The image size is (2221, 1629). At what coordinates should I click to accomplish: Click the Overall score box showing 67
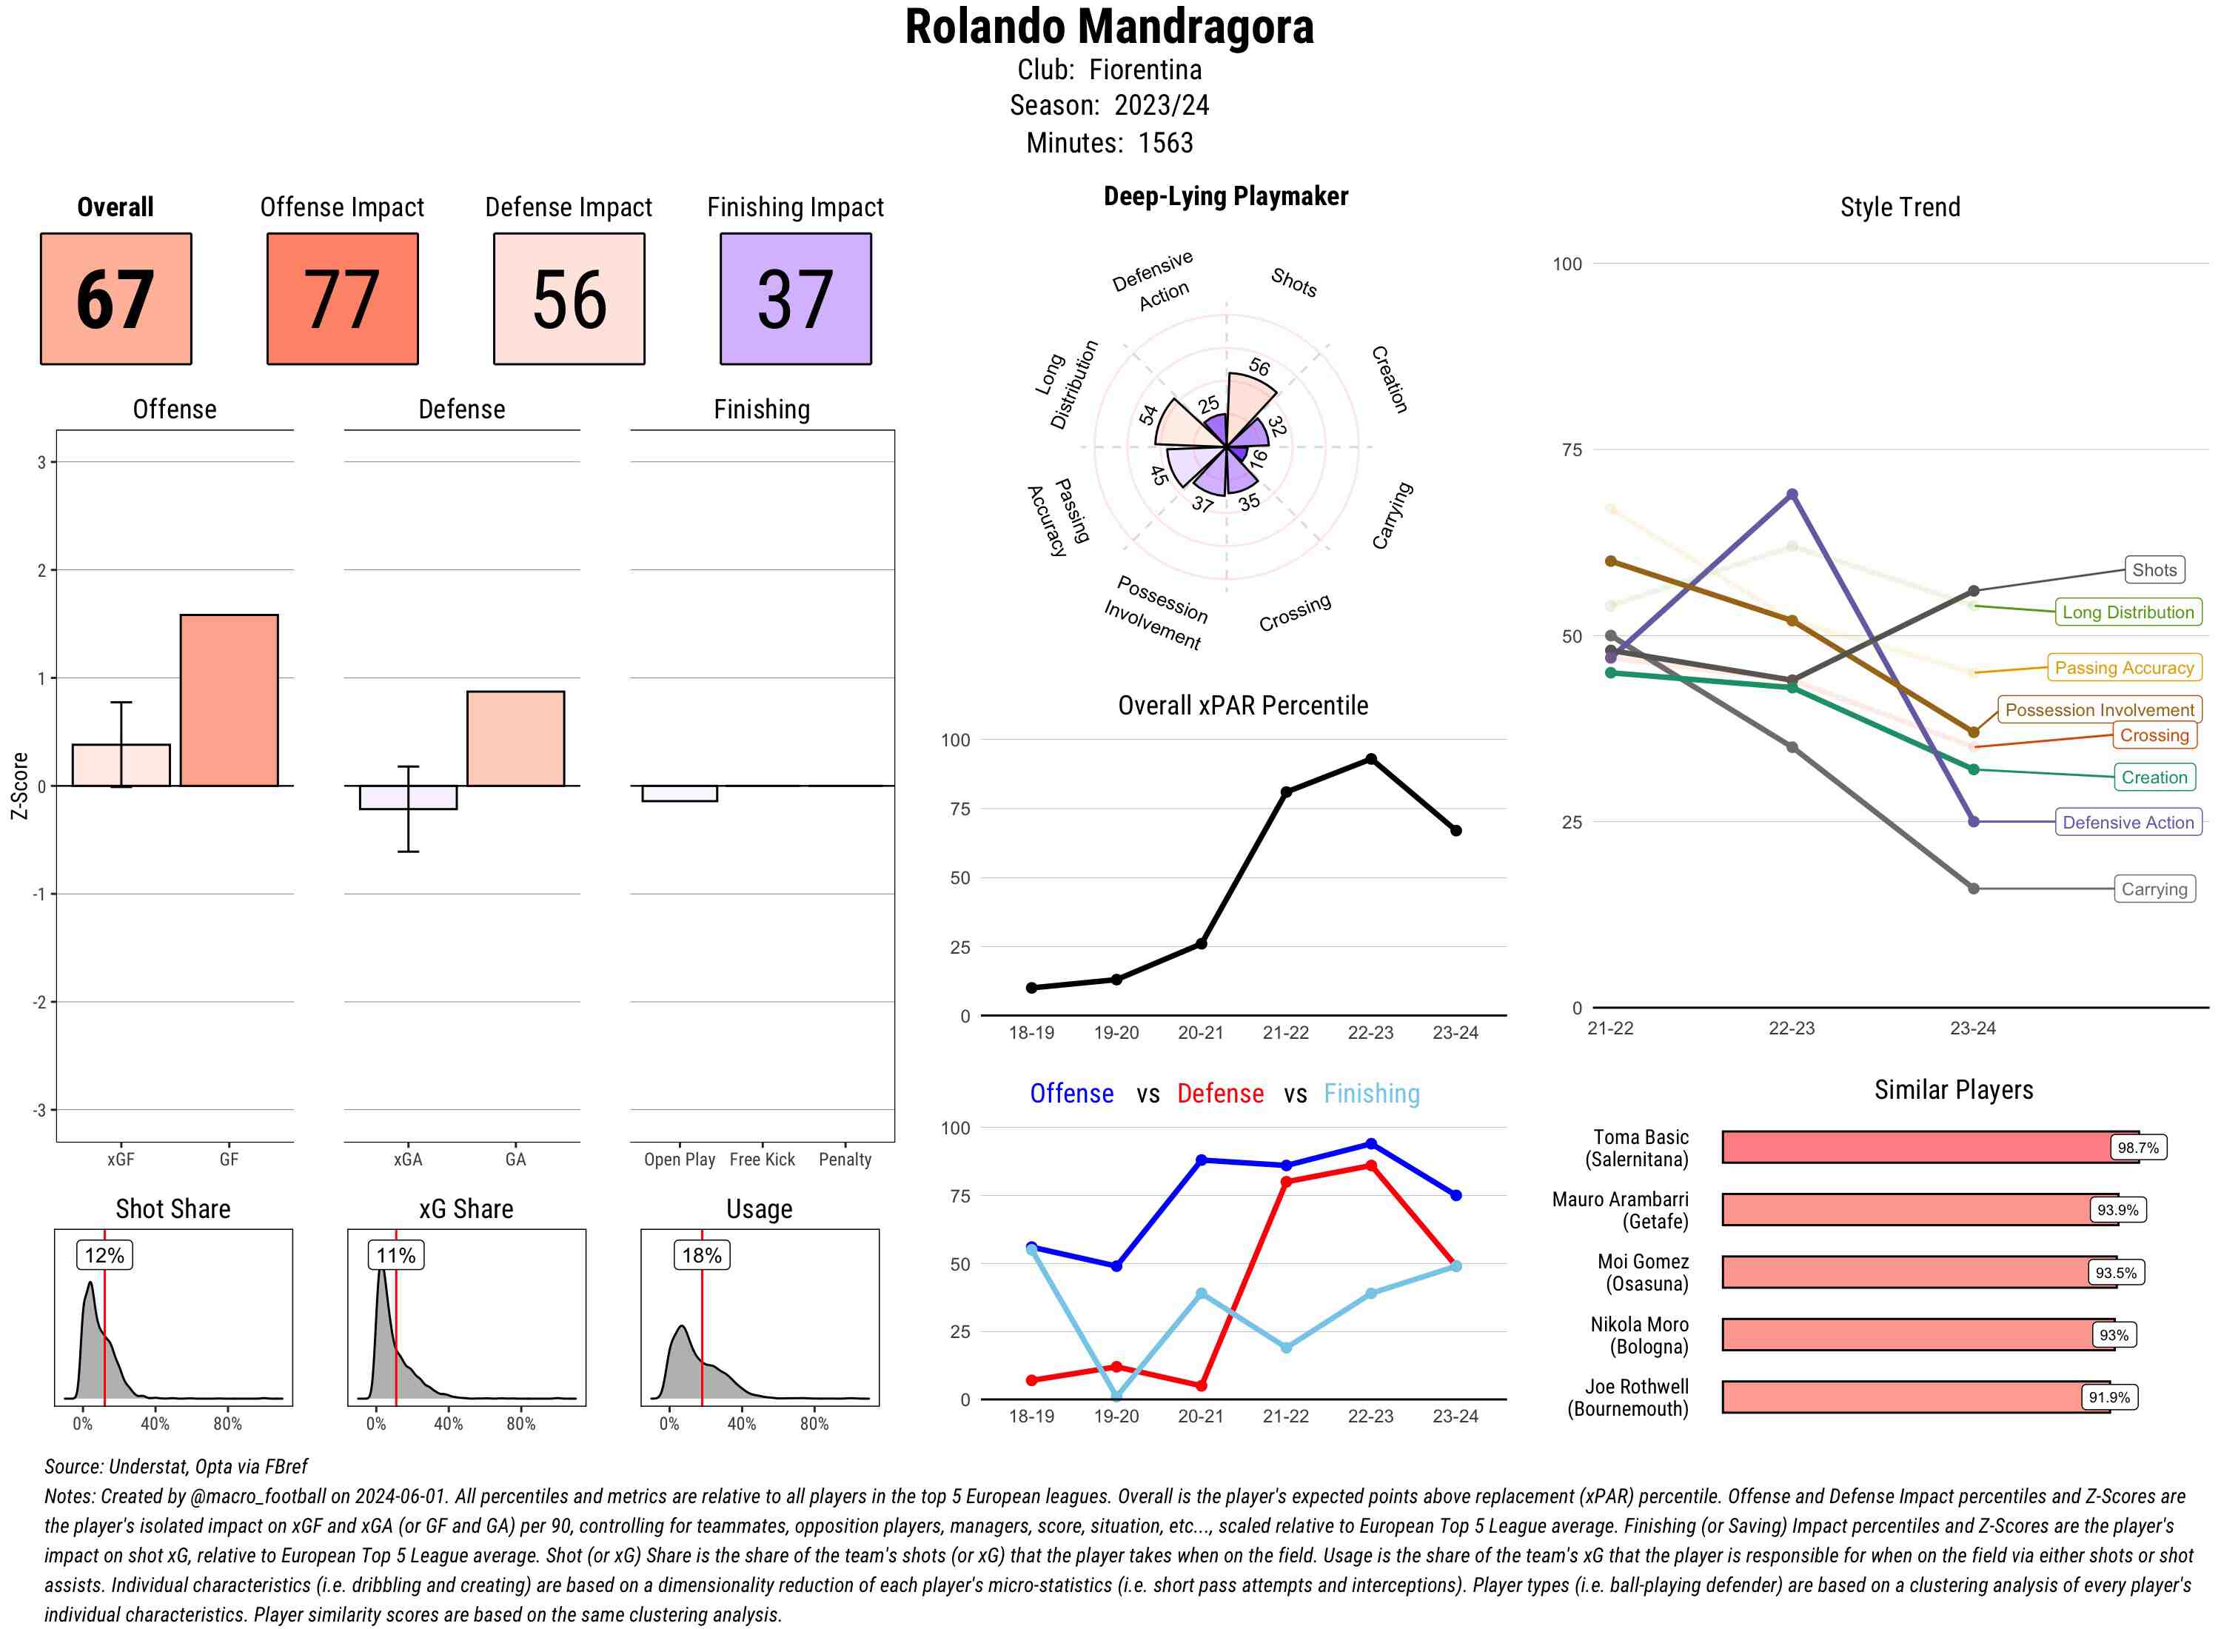(x=115, y=299)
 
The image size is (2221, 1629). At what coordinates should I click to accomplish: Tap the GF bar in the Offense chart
(x=229, y=700)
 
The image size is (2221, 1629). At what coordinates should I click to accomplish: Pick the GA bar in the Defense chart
(x=515, y=738)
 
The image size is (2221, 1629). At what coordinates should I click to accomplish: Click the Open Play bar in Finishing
(x=679, y=794)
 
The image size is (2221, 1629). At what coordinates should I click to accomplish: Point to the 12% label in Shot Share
(x=104, y=1255)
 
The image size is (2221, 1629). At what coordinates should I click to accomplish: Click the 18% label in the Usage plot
(x=702, y=1255)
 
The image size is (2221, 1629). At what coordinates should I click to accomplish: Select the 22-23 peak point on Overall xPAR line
(x=1370, y=759)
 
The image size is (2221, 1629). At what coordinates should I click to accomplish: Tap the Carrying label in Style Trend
(x=2153, y=889)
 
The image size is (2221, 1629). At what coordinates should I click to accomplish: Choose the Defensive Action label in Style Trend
(x=2128, y=823)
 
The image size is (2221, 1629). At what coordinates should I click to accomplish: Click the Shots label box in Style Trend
(x=2153, y=570)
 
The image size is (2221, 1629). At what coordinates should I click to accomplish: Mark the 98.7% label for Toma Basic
(x=2137, y=1148)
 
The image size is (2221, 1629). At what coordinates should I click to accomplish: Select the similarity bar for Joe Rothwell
(x=1915, y=1397)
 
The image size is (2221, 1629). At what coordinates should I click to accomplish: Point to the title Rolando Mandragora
(x=1109, y=27)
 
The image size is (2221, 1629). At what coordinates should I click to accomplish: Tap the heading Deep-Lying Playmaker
(x=1225, y=196)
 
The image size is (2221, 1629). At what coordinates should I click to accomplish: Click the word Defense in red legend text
(x=1219, y=1094)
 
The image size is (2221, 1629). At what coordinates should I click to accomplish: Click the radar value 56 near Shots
(x=1259, y=367)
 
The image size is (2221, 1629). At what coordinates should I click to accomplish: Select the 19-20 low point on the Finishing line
(x=1116, y=1396)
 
